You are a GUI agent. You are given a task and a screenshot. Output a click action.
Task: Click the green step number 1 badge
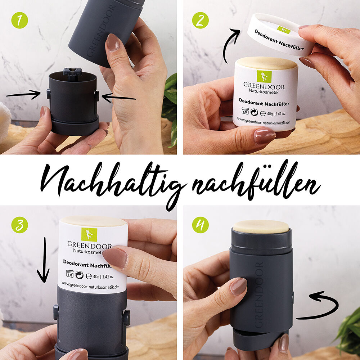click(20, 21)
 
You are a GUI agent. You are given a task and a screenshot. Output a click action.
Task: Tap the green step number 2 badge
click(201, 21)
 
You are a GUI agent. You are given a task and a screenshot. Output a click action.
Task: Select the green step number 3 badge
click(20, 225)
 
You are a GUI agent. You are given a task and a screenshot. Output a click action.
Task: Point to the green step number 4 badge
click(201, 225)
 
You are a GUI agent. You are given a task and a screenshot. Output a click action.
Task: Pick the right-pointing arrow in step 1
click(23, 95)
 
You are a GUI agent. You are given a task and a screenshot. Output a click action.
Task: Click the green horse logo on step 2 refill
click(264, 76)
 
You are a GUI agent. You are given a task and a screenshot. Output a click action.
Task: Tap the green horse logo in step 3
click(89, 234)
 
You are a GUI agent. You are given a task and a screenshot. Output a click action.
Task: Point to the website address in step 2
click(264, 122)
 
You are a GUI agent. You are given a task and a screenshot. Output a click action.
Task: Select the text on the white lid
click(279, 40)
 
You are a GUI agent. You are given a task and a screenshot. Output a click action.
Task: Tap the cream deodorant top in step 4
click(261, 226)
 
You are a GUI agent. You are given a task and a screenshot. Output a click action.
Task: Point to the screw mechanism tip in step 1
click(72, 71)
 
